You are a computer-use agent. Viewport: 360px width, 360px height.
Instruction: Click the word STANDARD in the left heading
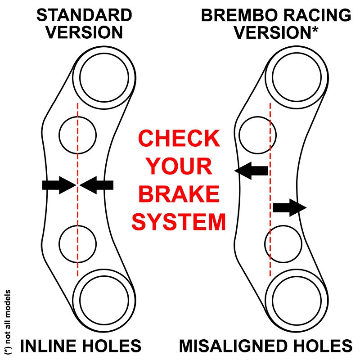point(84,15)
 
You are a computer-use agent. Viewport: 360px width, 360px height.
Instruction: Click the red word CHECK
point(180,139)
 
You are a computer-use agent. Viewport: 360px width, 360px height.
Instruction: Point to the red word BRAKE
point(180,195)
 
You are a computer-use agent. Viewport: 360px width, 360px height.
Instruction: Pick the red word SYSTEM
point(180,222)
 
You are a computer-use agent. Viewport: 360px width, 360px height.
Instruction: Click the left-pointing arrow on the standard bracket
point(97,184)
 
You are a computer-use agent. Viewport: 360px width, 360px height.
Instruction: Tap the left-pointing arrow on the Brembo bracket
point(252,170)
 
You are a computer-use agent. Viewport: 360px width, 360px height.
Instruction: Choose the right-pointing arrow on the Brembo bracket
point(289,207)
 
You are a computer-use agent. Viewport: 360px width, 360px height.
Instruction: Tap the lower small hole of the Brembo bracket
point(282,243)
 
